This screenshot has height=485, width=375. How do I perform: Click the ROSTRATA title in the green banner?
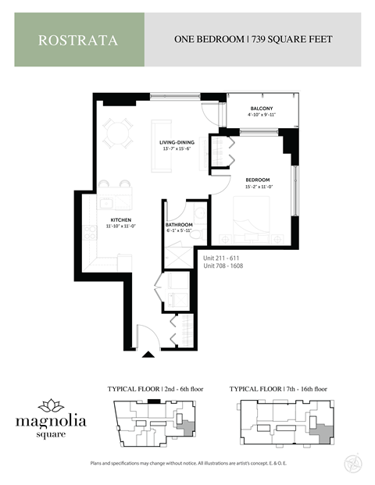tap(78, 40)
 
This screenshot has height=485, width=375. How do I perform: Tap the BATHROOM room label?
tap(179, 226)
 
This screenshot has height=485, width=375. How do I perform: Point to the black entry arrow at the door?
tap(148, 355)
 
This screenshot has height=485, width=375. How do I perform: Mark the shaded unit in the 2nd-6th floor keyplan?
tap(185, 423)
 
